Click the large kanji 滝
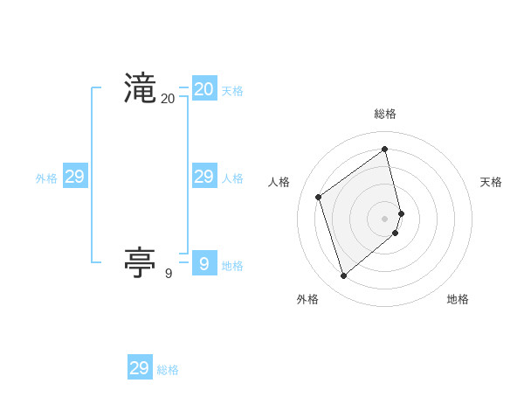tap(141, 89)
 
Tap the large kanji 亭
tap(141, 263)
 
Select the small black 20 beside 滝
tap(168, 99)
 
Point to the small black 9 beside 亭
tap(169, 274)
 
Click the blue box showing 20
tap(204, 89)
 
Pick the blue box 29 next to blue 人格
tap(204, 177)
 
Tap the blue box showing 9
tap(204, 263)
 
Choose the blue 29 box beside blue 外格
tap(74, 177)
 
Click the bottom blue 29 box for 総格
tap(140, 368)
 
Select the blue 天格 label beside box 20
tap(232, 91)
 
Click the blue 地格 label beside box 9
tap(232, 266)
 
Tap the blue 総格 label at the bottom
tap(168, 370)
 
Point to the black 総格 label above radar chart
tap(385, 114)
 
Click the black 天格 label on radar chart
tap(491, 182)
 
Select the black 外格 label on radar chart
tap(307, 299)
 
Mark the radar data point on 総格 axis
tap(385, 150)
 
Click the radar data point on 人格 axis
tap(319, 197)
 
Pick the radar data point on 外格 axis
tap(344, 276)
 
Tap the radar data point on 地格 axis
tap(396, 233)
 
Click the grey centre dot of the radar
tap(385, 218)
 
